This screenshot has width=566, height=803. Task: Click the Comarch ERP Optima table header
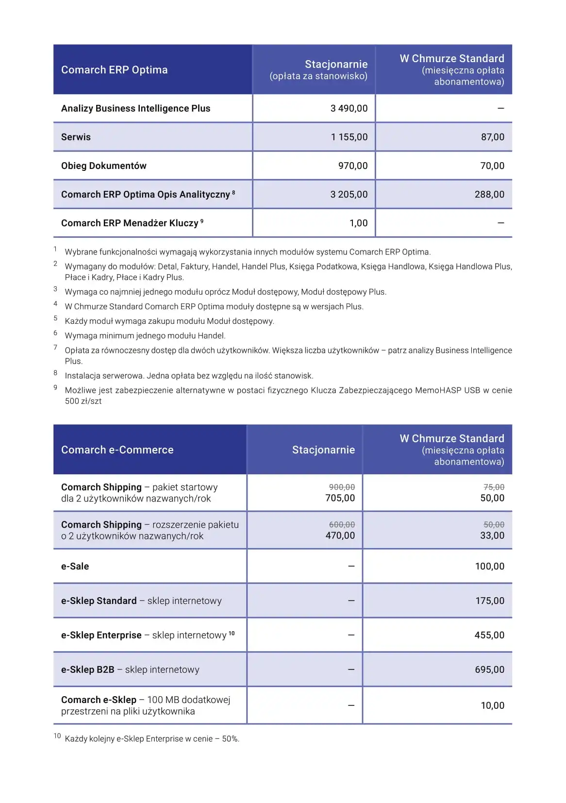[114, 70]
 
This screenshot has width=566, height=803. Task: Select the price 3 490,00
[349, 108]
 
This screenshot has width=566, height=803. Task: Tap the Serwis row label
[76, 137]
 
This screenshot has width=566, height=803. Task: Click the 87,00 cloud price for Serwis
[492, 137]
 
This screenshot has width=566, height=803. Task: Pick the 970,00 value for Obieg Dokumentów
[353, 166]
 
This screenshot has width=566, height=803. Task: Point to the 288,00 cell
[489, 194]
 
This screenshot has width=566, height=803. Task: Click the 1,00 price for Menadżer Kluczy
[358, 223]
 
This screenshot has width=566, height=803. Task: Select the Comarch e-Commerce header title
[117, 450]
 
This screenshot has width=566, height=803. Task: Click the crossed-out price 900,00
[342, 487]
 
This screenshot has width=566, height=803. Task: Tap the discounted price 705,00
[340, 498]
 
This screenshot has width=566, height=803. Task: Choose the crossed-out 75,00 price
[494, 487]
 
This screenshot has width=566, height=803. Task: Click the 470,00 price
[340, 535]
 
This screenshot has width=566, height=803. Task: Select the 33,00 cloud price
[492, 535]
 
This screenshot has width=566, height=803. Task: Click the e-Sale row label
[75, 566]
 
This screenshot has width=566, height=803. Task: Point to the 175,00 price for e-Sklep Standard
[489, 601]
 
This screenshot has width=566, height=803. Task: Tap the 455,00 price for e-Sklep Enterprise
[489, 635]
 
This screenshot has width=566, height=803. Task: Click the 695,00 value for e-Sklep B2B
[489, 669]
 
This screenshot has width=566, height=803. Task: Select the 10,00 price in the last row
[492, 705]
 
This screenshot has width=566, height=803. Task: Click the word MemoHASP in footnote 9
[437, 390]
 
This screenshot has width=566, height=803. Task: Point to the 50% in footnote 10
[230, 739]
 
